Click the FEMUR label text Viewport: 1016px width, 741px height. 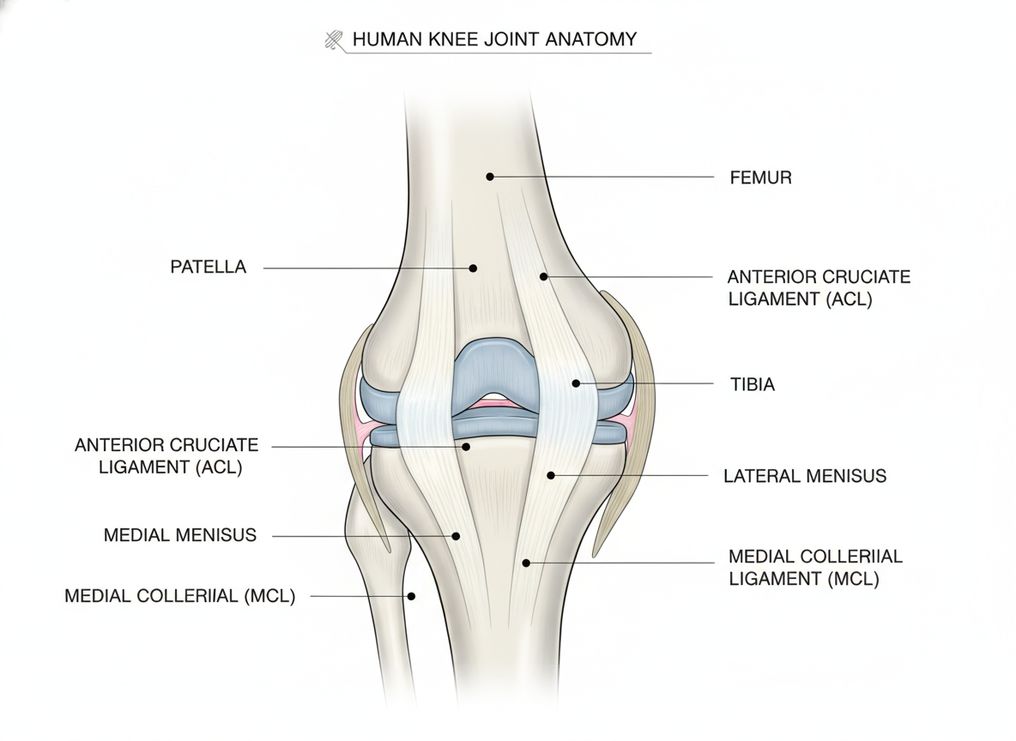(760, 178)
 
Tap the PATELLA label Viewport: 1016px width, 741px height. (208, 267)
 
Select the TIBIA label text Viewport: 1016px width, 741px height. (753, 385)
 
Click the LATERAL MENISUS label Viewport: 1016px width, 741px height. (805, 476)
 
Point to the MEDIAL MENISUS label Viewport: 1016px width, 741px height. (180, 535)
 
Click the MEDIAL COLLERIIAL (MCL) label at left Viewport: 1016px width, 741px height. (180, 596)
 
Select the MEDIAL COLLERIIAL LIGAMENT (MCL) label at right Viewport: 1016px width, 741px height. (815, 568)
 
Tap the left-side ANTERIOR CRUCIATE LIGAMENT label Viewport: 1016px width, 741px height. (167, 456)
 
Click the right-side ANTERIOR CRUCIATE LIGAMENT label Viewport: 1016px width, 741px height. (819, 287)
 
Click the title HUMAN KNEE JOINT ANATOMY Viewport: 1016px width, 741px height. (495, 39)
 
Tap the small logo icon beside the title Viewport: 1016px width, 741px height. (334, 40)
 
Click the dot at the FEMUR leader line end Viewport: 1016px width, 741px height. (490, 176)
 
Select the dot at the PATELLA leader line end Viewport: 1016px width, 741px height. (473, 268)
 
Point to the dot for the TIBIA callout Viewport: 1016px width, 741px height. (576, 383)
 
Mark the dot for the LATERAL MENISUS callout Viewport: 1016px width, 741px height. (551, 475)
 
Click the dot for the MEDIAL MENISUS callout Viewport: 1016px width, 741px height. (457, 536)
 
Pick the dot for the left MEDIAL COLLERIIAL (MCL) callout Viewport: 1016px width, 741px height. (411, 596)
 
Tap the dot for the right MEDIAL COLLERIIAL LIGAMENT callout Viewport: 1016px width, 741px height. (526, 563)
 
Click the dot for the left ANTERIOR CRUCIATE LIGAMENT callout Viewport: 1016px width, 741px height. (466, 447)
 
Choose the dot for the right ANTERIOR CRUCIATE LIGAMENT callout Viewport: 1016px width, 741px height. (544, 276)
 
